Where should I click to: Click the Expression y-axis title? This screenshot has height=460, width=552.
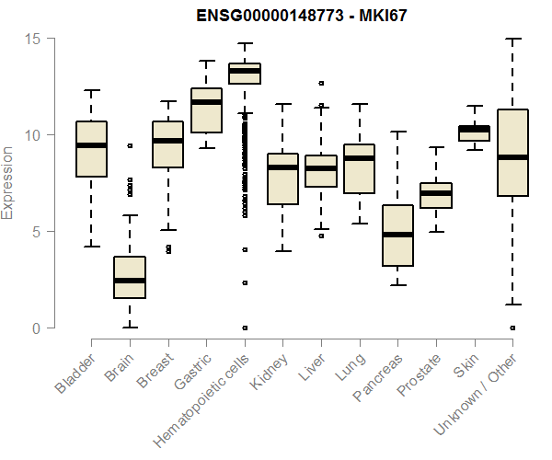coord(8,183)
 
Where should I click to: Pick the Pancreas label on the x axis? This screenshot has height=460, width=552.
coord(377,378)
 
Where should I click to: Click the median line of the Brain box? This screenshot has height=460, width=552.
coord(130,280)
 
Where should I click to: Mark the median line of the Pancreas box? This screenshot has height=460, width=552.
coord(397,235)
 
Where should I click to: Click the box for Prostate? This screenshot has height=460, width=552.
coord(436,195)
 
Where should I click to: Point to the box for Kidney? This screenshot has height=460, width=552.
coord(282,179)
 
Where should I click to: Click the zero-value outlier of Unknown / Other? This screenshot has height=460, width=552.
coord(512,328)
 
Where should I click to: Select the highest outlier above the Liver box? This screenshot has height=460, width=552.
coord(321,84)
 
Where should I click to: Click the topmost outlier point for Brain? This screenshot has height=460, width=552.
coord(130,145)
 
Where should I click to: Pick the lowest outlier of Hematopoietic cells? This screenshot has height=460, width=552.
coord(245,328)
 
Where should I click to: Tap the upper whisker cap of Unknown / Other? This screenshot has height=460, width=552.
coord(512,40)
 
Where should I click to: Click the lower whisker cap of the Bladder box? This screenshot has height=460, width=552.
coord(91,247)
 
